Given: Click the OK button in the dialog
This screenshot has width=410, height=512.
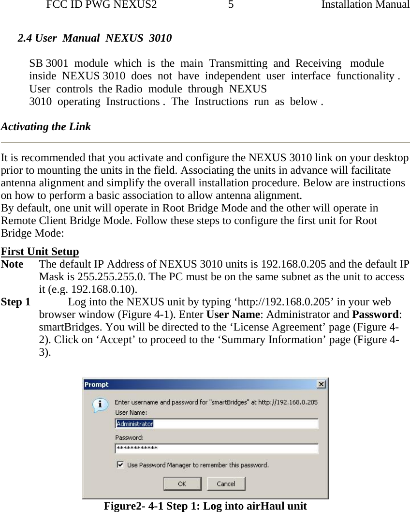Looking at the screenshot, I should pyautogui.click(x=182, y=483).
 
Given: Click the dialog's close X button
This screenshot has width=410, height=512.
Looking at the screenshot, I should pyautogui.click(x=321, y=384).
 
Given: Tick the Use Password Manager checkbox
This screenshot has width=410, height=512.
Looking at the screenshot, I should pyautogui.click(x=120, y=465).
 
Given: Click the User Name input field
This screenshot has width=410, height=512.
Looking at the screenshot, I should pyautogui.click(x=217, y=423).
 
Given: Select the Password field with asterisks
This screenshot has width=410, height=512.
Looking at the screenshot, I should pyautogui.click(x=217, y=449).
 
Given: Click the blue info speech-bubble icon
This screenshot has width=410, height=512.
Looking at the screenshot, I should pyautogui.click(x=101, y=405).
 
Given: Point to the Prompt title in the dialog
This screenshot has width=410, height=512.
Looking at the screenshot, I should pyautogui.click(x=97, y=384).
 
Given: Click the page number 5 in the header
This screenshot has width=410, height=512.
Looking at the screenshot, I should pyautogui.click(x=231, y=5).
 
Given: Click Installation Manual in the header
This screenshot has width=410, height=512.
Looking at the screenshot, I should pyautogui.click(x=366, y=5).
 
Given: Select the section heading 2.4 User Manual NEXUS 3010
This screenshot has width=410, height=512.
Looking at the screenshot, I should pyautogui.click(x=94, y=38).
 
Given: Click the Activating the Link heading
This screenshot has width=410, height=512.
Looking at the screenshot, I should pyautogui.click(x=46, y=127).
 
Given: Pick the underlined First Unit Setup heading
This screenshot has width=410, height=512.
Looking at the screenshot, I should pyautogui.click(x=40, y=252).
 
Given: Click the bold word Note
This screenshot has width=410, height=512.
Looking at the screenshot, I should pyautogui.click(x=12, y=264).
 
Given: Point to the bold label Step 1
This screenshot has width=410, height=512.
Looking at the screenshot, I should pyautogui.click(x=15, y=302).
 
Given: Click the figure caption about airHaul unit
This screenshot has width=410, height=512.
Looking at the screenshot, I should pyautogui.click(x=205, y=506).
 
